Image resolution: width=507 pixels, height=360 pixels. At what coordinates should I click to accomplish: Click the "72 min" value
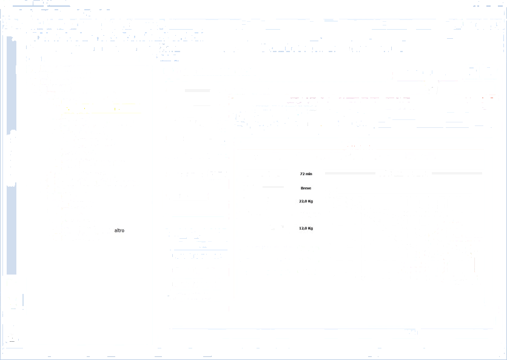click(305, 174)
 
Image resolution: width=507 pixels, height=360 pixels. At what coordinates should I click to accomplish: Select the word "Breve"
click(305, 188)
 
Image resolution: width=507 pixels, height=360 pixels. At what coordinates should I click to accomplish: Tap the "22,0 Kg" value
click(306, 201)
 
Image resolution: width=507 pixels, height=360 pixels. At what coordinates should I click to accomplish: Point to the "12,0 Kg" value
click(306, 228)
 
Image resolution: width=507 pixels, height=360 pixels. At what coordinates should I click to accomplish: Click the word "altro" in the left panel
click(119, 230)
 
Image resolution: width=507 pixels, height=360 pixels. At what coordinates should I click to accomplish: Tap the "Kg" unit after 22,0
click(310, 201)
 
